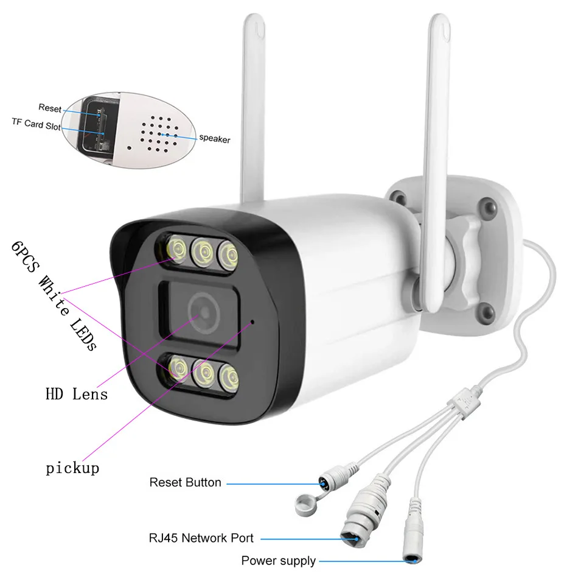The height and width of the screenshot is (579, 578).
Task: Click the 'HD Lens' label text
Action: click(77, 394)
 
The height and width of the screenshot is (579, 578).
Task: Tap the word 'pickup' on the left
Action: click(72, 468)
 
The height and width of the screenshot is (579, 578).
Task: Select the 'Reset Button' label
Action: click(185, 482)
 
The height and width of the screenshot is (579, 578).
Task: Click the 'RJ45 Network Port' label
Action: click(201, 538)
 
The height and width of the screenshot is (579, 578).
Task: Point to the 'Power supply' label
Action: click(278, 561)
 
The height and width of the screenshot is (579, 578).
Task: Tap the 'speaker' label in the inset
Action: click(215, 139)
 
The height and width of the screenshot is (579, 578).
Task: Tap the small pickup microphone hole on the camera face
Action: click(254, 320)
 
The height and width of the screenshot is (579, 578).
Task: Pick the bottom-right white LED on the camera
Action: click(228, 374)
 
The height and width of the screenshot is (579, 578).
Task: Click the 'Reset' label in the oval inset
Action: click(50, 108)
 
